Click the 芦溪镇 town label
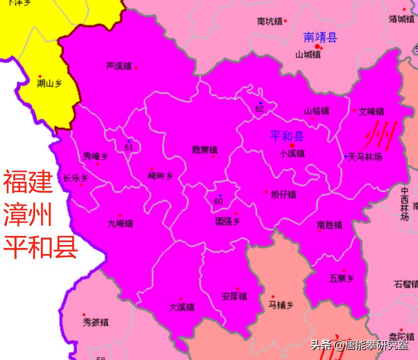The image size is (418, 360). [x=118, y=66]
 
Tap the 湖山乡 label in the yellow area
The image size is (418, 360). [x=50, y=84]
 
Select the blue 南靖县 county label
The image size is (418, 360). [x=321, y=37]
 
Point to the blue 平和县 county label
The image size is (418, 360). [x=287, y=136]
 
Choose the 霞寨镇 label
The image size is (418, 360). [x=205, y=150]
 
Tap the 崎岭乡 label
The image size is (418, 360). [x=161, y=176]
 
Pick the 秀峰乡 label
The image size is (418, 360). [x=95, y=157]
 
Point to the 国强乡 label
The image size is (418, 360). [x=228, y=221]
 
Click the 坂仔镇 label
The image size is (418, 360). [x=284, y=195]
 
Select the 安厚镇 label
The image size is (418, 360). [x=234, y=296]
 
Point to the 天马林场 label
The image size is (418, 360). [x=365, y=157]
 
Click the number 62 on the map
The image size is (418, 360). [x=259, y=109]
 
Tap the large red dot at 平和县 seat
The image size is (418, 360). [x=292, y=146]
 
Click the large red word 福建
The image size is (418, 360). [x=28, y=182]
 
